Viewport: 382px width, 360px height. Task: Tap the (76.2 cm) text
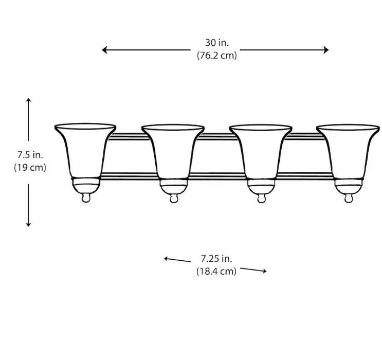coord(216,56)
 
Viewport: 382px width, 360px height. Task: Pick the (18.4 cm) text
coord(216,271)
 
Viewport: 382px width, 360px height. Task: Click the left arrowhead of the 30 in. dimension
coord(104,50)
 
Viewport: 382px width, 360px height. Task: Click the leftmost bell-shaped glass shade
coord(85,149)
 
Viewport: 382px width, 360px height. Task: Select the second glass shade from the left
coord(172,149)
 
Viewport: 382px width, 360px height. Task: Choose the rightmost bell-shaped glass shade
coord(347,149)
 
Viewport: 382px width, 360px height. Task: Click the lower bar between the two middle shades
coord(216,175)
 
